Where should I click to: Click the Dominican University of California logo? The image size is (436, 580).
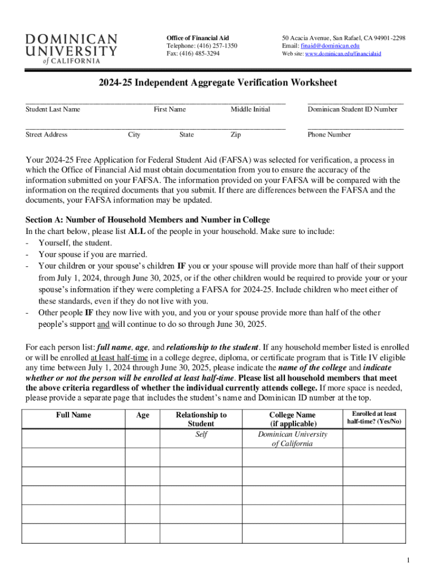tap(71, 49)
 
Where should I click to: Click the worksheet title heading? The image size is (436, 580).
tap(217, 83)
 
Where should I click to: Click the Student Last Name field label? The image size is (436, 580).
tap(53, 109)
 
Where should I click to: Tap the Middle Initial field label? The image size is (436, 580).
tap(250, 109)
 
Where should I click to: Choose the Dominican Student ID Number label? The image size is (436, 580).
tap(352, 109)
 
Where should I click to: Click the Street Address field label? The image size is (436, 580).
tap(46, 135)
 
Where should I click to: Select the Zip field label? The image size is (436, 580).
tap(236, 135)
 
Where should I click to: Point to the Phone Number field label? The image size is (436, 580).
tap(329, 135)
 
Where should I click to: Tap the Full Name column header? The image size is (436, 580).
tap(74, 415)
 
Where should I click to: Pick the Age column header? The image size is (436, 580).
tap(143, 415)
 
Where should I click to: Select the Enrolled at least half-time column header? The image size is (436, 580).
tap(374, 418)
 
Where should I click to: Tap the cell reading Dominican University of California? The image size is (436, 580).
tap(292, 439)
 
